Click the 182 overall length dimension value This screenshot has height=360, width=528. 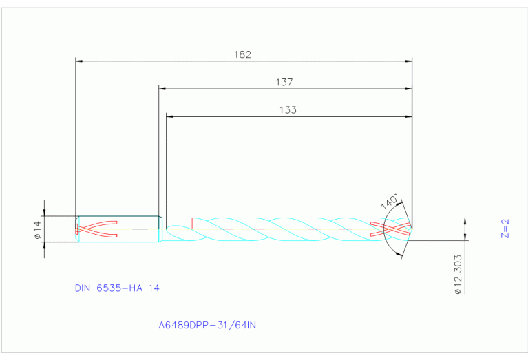coord(243,54)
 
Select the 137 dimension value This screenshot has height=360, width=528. coord(284,81)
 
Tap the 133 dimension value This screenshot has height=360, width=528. coord(288,109)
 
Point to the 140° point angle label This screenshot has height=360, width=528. coord(389,202)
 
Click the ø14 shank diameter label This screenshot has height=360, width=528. coord(38,229)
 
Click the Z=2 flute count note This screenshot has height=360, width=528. coord(504,229)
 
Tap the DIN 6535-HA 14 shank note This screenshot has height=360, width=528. coord(117,288)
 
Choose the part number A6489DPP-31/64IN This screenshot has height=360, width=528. coord(207,324)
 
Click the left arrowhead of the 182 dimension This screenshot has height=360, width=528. coord(78,61)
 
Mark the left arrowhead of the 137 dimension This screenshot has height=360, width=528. coord(162,89)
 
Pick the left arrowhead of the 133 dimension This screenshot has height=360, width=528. coord(169,116)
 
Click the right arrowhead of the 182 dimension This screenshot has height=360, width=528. coord(408,61)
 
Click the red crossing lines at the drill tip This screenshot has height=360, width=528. coord(390,229)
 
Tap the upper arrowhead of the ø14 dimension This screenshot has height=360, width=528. coord(45,214)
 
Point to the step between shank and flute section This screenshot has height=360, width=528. coord(162,229)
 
